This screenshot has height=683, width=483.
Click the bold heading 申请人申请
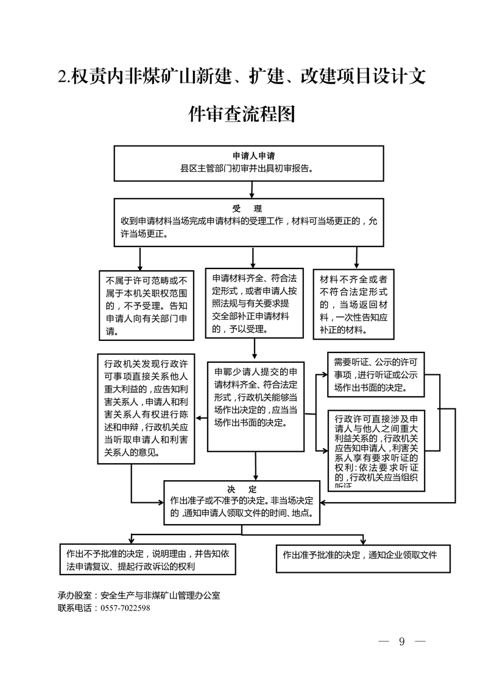tap(249, 156)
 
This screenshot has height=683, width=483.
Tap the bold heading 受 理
tap(249, 209)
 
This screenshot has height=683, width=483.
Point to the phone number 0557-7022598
tap(124, 608)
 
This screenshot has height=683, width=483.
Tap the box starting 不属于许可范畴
tap(146, 306)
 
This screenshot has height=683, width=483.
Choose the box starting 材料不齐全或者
tap(354, 305)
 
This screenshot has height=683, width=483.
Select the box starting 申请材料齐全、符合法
tap(253, 303)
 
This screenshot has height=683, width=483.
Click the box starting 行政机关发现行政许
tap(146, 407)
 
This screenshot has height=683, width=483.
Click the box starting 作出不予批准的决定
tap(147, 559)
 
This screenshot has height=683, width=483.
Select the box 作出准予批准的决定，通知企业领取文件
tap(359, 555)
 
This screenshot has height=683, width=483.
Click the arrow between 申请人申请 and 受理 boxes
tap(249, 189)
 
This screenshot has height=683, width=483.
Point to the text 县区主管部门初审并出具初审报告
tap(249, 167)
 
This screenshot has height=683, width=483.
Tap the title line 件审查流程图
tap(242, 114)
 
